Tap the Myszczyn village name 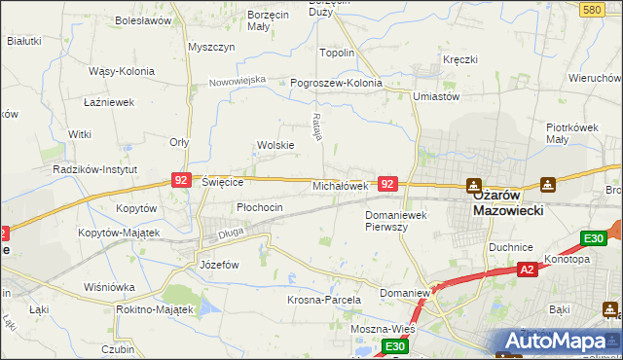pos(212,47)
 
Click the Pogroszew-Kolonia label pos(336,83)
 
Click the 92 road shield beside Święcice pos(180,180)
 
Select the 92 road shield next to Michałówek pos(387,183)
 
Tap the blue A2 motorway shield pos(527,270)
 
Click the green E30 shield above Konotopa pos(593,238)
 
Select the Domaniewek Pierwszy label pos(399,220)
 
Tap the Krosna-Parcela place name pos(324,301)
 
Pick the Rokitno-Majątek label pos(154,308)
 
